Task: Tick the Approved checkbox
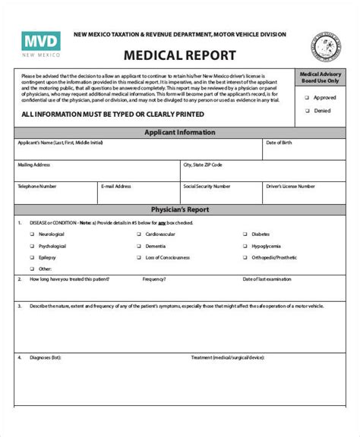307,97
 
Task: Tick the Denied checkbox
307,110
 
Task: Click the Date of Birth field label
279,143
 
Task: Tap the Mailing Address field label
33,164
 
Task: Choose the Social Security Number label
206,185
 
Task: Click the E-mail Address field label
116,185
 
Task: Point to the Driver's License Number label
291,185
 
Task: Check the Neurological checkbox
31,235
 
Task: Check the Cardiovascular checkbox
138,235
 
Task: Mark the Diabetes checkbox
244,235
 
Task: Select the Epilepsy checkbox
31,258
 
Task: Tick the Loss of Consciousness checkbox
138,258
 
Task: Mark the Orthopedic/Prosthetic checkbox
244,258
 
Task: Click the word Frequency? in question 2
155,279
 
